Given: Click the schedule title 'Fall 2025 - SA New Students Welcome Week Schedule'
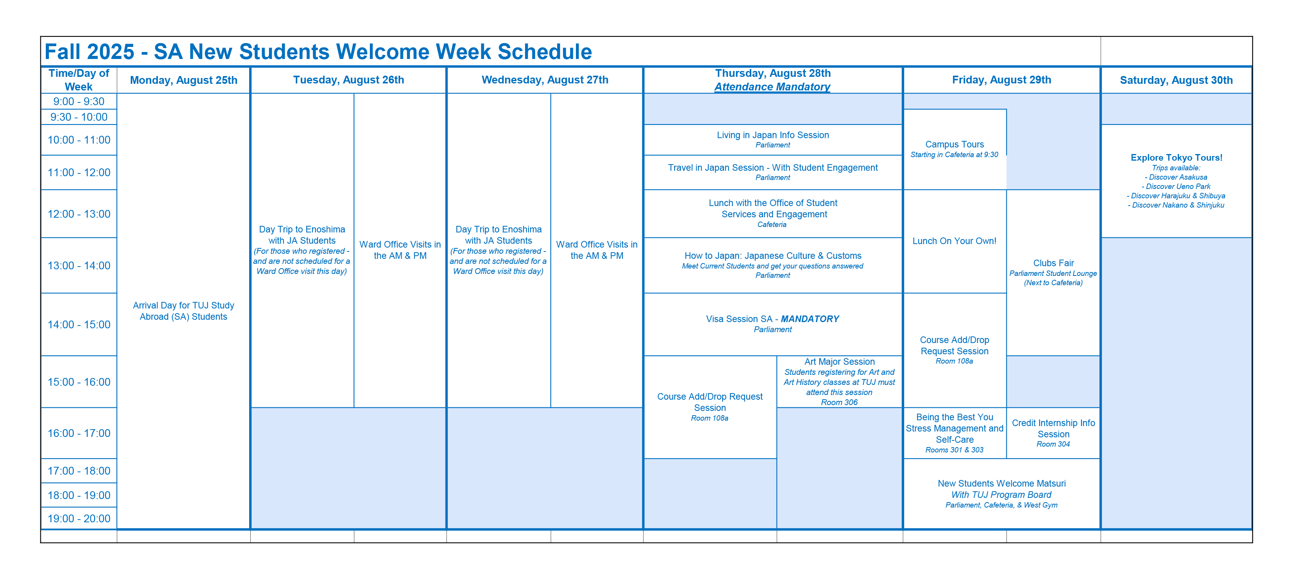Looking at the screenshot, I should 318,52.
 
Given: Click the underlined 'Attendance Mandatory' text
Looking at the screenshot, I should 772,87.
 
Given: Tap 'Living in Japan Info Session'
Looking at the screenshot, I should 772,135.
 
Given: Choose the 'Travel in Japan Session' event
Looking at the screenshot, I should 772,168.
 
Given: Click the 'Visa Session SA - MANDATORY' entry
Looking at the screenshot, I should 772,319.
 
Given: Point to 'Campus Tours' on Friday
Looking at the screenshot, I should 954,144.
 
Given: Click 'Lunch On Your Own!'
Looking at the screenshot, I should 954,241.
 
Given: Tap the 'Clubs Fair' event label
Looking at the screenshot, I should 1053,263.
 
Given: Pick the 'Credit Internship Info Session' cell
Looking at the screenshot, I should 1053,428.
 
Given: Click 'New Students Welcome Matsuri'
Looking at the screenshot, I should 1001,483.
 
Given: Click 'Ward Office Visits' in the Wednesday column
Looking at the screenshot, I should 596,250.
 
